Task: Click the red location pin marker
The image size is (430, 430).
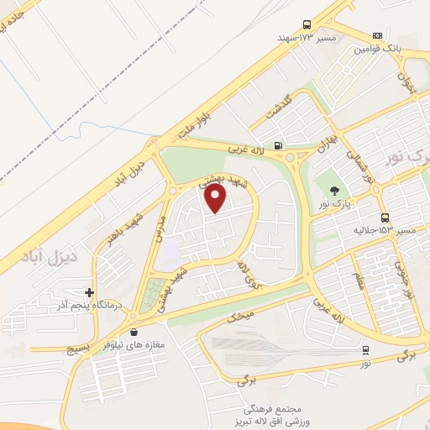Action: [216, 198]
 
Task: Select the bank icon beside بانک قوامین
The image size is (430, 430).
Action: [378, 35]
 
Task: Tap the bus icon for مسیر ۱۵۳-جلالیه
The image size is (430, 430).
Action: [384, 217]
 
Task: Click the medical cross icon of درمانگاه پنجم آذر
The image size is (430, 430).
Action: [90, 293]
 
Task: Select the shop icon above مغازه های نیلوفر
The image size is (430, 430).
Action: [135, 331]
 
